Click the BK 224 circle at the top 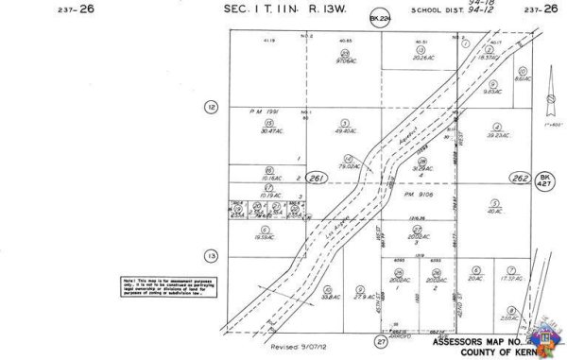(x=380, y=19)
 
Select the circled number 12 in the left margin (x=211, y=108)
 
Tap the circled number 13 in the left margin (x=211, y=256)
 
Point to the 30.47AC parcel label (x=269, y=130)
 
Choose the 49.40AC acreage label (x=345, y=130)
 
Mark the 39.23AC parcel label (x=497, y=135)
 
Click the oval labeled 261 (x=318, y=178)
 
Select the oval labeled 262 (x=519, y=177)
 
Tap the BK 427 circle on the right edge (x=545, y=180)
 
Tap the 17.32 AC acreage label (x=511, y=278)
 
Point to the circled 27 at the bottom (x=381, y=340)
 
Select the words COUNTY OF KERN (x=502, y=351)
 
